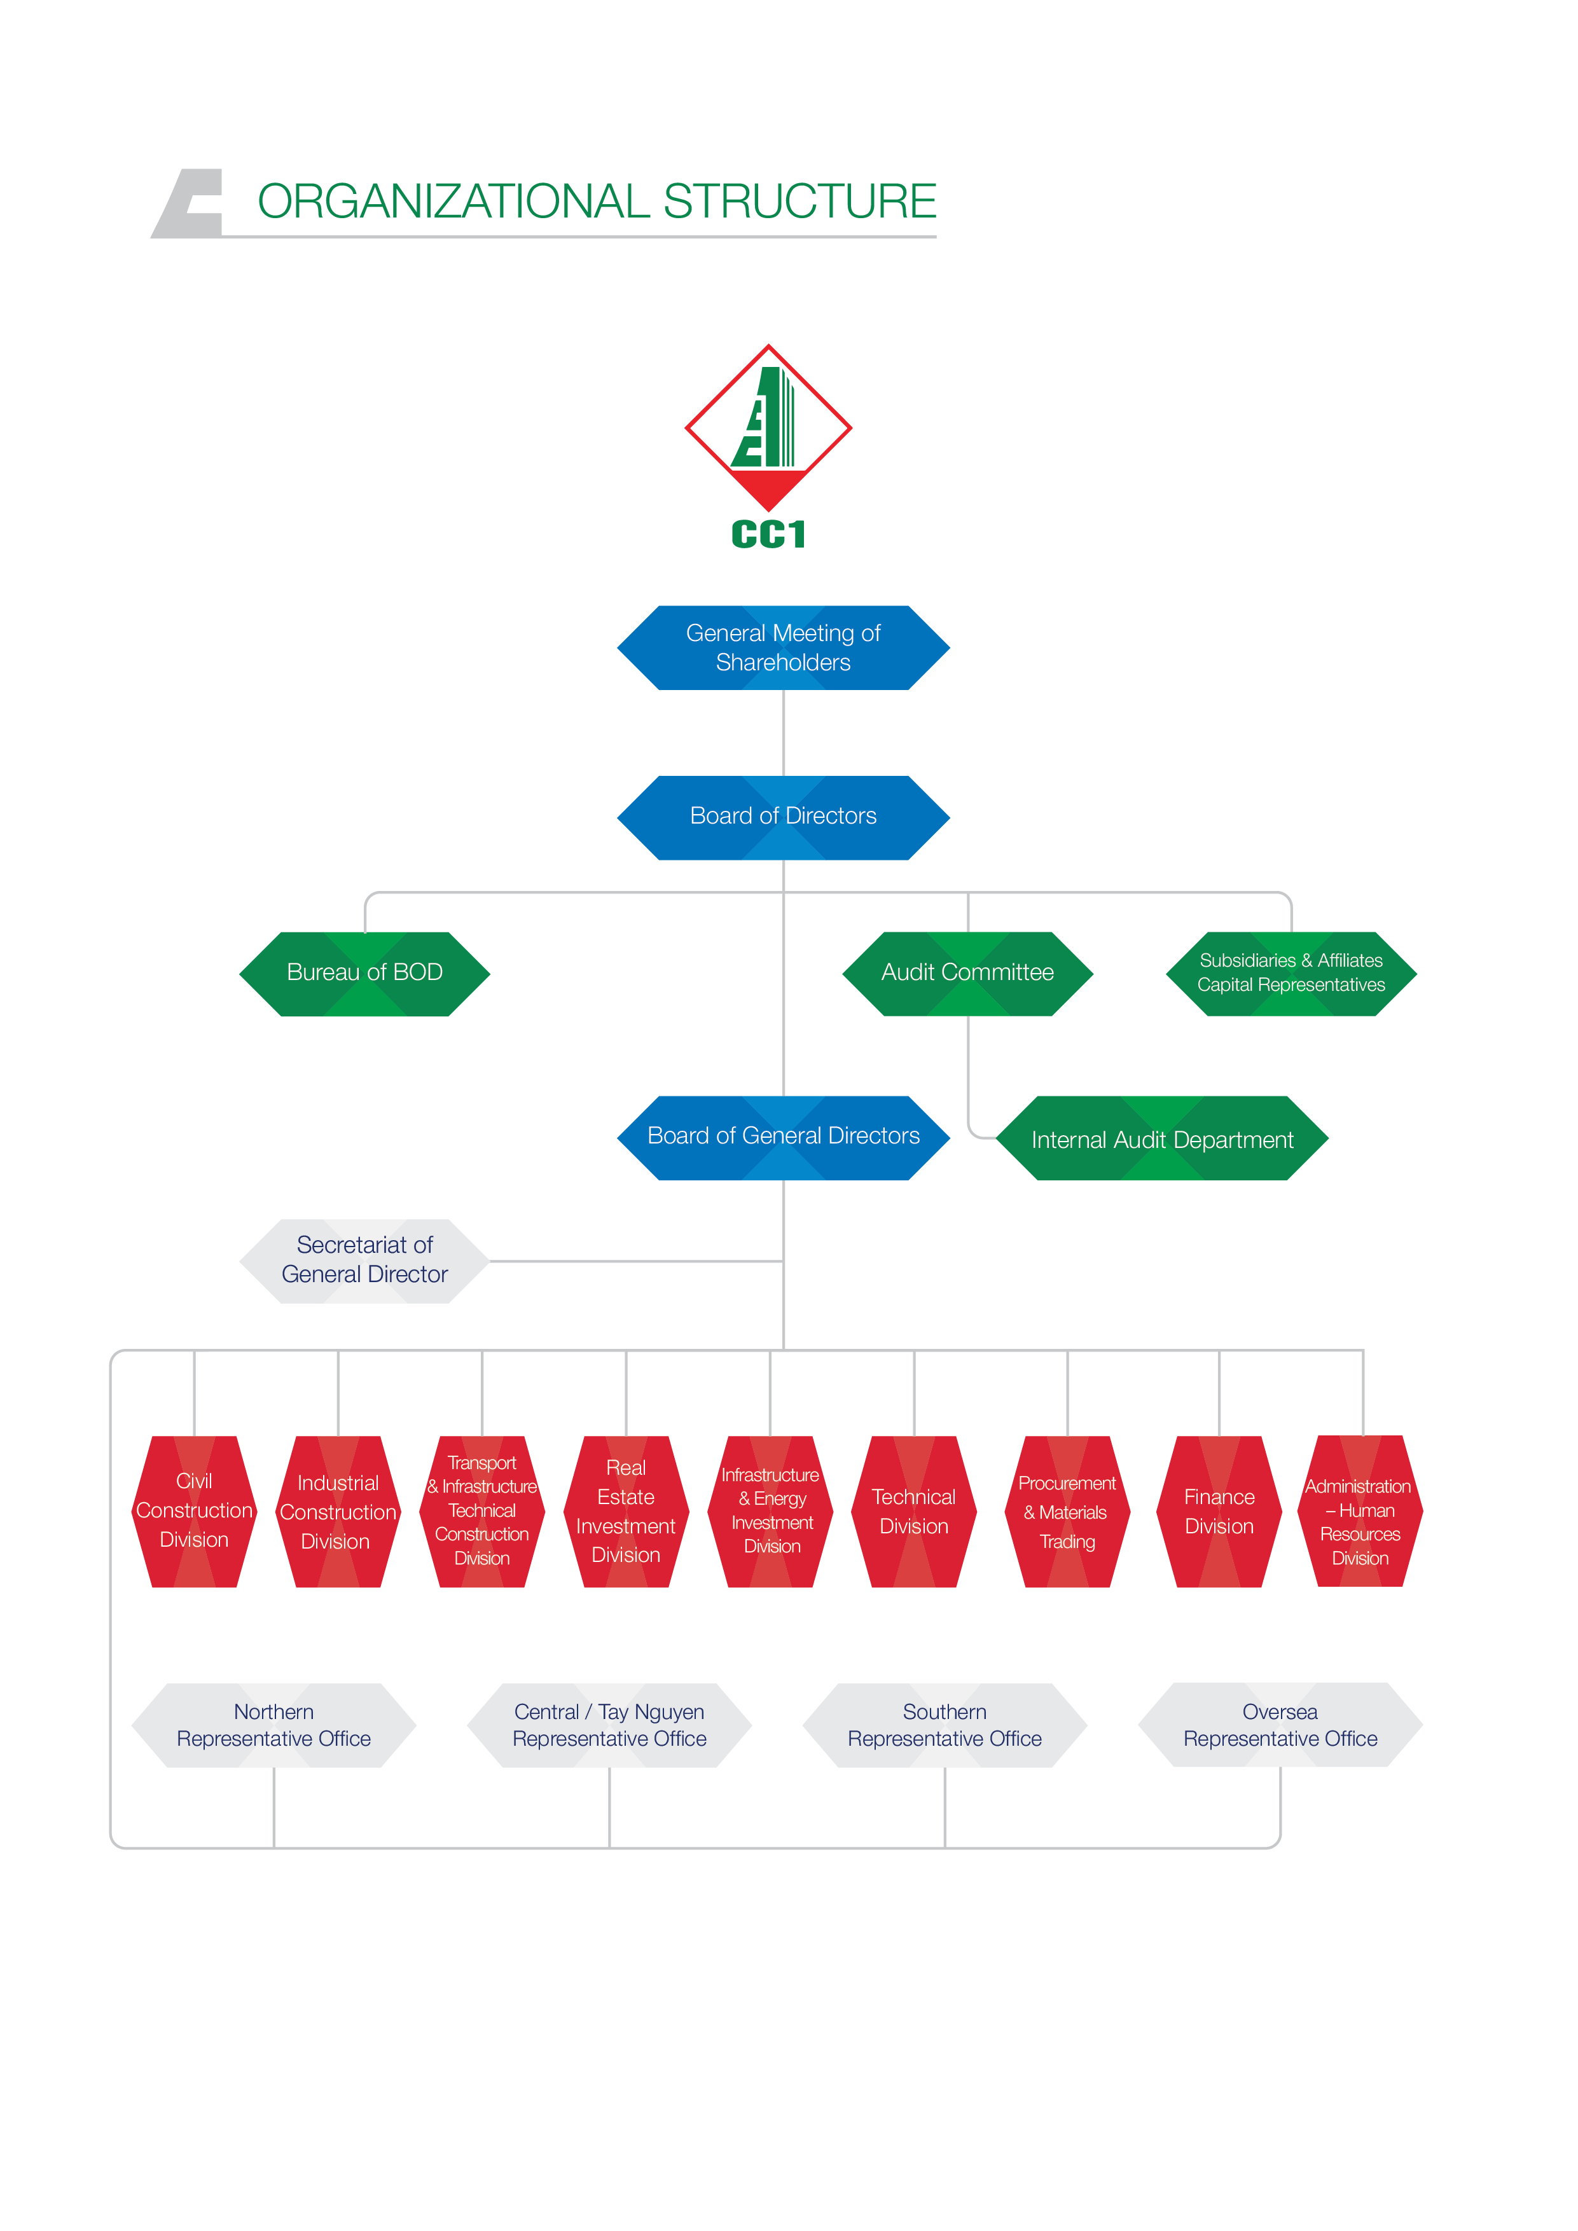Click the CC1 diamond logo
(x=768, y=427)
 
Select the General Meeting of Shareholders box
(x=783, y=647)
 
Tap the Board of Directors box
(x=783, y=817)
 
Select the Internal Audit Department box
(x=1162, y=1139)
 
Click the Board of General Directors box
(x=783, y=1137)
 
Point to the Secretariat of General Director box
(x=364, y=1261)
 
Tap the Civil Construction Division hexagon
(x=195, y=1511)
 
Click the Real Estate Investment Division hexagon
(x=626, y=1511)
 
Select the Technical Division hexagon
(x=913, y=1511)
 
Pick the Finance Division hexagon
(x=1219, y=1511)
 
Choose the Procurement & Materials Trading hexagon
(x=1067, y=1511)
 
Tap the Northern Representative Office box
(x=274, y=1725)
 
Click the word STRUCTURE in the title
(x=799, y=201)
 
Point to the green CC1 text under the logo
(x=768, y=534)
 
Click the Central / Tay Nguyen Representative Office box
(x=609, y=1725)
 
